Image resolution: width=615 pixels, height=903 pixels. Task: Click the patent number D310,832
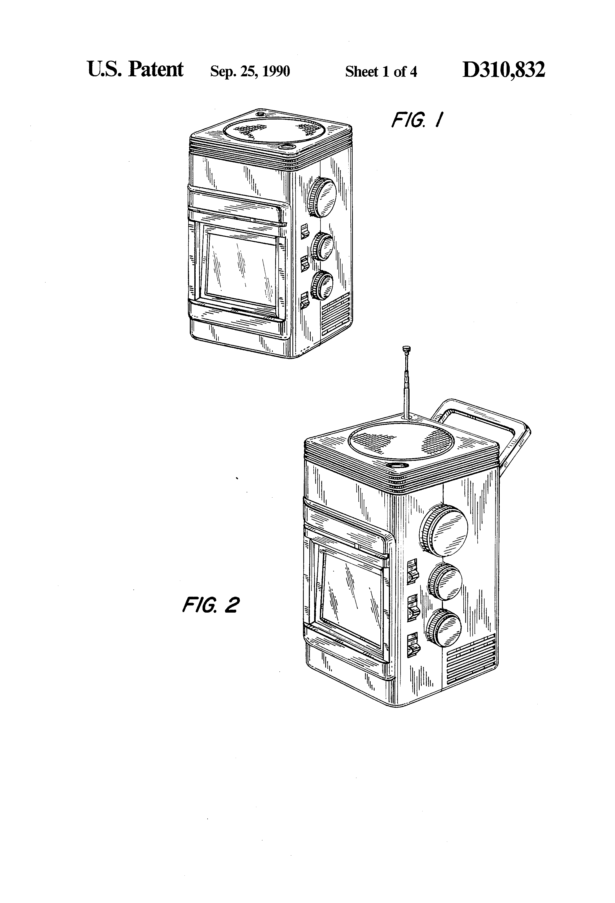(503, 70)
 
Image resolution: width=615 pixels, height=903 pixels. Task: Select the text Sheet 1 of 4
(381, 72)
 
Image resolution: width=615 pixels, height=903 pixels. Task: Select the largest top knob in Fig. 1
(322, 197)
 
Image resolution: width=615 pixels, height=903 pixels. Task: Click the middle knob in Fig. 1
(322, 247)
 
